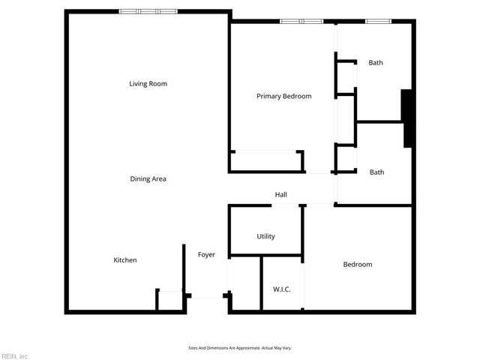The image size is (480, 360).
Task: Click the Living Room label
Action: (148, 84)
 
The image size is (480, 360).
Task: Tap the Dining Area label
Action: (148, 179)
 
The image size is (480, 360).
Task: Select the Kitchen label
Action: (125, 260)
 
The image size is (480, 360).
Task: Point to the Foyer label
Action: (206, 255)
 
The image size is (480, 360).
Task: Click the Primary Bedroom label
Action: (283, 96)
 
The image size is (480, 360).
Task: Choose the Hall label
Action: (280, 195)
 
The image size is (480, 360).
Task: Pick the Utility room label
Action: (265, 236)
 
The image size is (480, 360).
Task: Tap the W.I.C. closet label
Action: (282, 289)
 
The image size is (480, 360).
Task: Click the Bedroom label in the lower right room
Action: (357, 265)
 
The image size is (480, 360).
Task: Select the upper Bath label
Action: (376, 63)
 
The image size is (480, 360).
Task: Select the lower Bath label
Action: (376, 172)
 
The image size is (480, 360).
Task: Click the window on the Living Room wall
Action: (148, 11)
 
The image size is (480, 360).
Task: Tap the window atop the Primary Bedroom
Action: (301, 21)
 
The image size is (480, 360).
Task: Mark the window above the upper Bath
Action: (376, 21)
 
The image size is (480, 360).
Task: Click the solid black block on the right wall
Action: (408, 118)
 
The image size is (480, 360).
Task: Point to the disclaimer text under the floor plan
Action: (240, 348)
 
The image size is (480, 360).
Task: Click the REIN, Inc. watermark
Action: (15, 355)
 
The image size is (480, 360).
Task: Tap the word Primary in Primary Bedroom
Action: (268, 96)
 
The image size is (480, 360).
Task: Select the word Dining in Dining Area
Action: (140, 179)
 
